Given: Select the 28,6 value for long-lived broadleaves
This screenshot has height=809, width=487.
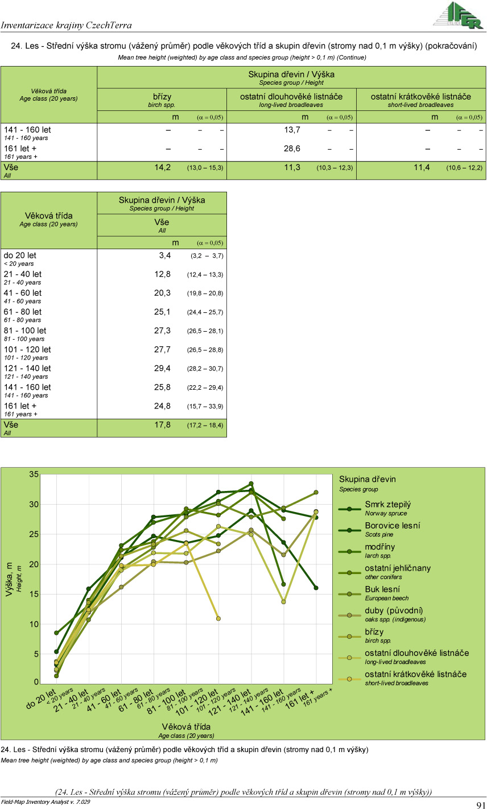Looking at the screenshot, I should click(292, 148).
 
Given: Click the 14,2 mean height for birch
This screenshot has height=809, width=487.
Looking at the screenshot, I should click(162, 167).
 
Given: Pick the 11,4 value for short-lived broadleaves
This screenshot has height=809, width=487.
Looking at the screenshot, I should click(422, 167).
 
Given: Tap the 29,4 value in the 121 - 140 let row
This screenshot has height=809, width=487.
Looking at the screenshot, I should click(162, 368).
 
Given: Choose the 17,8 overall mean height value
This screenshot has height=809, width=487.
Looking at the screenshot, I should click(162, 424).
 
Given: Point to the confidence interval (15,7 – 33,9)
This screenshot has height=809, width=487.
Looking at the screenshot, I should click(205, 406).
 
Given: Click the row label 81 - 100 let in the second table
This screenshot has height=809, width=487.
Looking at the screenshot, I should click(25, 331).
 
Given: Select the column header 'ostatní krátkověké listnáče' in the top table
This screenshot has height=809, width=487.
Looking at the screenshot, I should click(420, 97).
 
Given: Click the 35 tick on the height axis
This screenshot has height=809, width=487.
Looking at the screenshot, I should click(34, 474).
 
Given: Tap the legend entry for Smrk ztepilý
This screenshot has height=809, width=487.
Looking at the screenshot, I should click(388, 505).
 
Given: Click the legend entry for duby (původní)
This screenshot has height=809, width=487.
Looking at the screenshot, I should click(394, 610).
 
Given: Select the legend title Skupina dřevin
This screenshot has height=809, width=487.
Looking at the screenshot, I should click(368, 479).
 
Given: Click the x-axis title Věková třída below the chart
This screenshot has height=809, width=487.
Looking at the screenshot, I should click(186, 727).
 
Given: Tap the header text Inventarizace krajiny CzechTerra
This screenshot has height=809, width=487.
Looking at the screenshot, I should click(67, 25).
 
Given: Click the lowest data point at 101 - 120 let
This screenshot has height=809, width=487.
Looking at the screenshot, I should click(218, 618).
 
